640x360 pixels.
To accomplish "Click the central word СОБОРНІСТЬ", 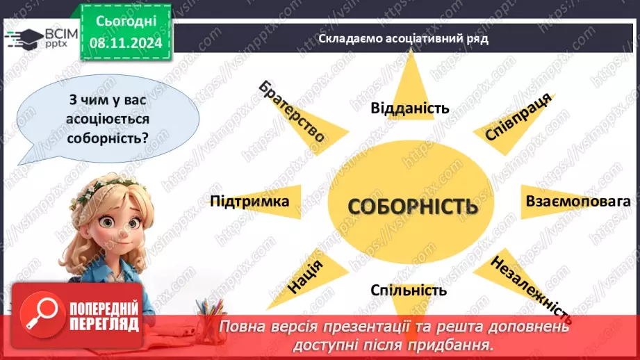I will click(413, 206).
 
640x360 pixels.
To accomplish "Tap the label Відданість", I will click(410, 108).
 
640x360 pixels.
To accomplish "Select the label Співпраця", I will click(518, 116).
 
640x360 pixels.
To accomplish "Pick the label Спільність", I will click(409, 290).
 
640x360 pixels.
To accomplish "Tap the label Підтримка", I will click(249, 202).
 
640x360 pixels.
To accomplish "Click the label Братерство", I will click(292, 111).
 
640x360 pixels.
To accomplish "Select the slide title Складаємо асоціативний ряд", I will click(404, 39).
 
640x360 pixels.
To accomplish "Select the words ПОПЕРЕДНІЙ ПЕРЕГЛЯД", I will click(102, 316).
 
